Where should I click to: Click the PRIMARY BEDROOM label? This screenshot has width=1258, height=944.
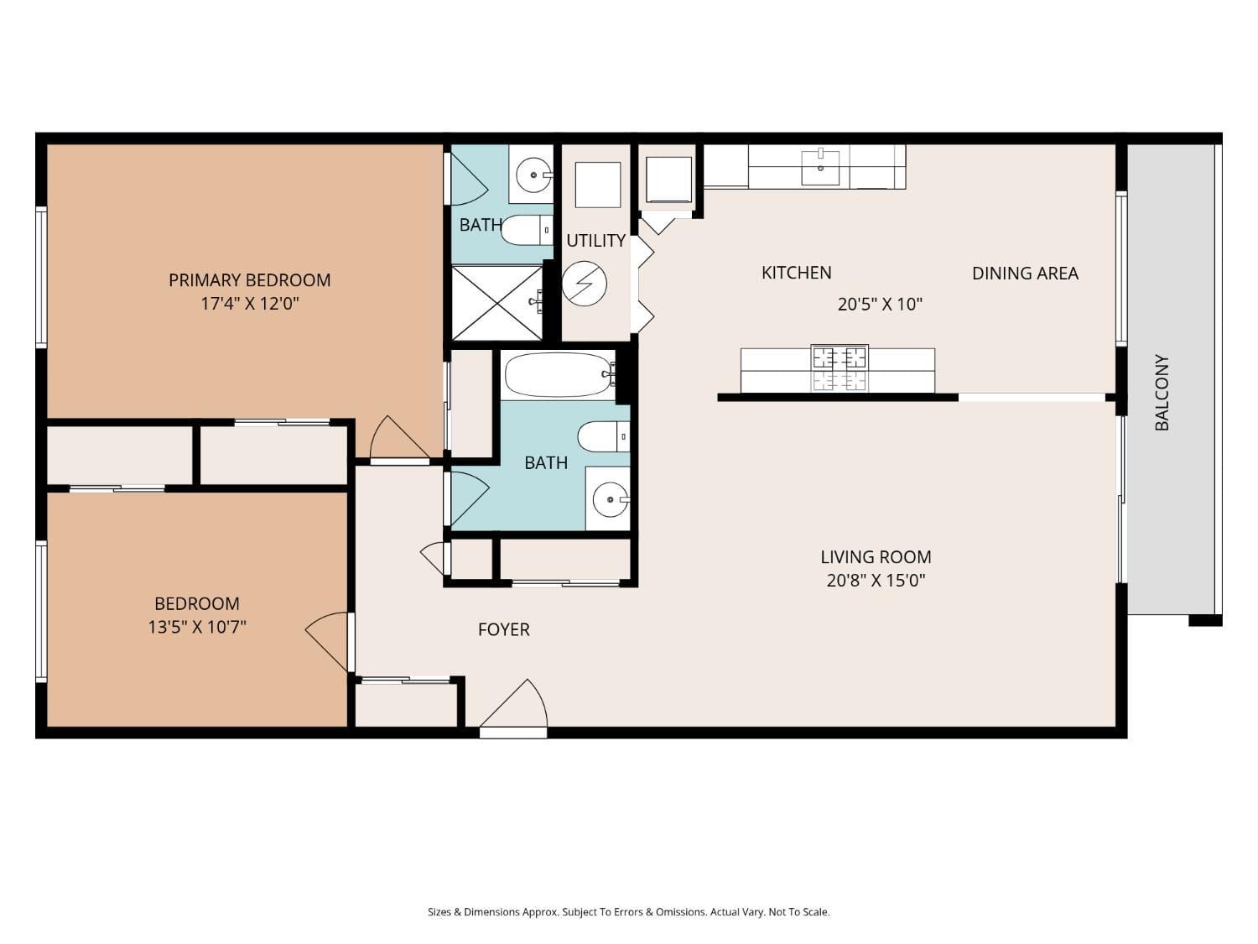(x=249, y=280)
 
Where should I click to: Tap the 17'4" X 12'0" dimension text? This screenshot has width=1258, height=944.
(x=249, y=304)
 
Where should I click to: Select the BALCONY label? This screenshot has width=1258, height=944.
(x=1162, y=392)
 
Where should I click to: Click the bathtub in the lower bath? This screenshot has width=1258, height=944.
(x=558, y=374)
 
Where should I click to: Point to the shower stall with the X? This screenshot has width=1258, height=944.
(x=497, y=302)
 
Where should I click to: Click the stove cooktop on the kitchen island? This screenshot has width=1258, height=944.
(x=839, y=368)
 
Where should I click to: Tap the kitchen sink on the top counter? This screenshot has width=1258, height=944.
(x=820, y=167)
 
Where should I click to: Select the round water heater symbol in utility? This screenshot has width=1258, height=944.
(x=584, y=284)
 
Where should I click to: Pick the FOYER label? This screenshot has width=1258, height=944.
(x=503, y=629)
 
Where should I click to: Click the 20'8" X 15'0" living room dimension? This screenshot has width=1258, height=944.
(x=876, y=580)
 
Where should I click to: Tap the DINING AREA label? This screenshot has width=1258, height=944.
(x=1025, y=273)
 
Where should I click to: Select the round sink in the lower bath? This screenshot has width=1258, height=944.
(x=608, y=500)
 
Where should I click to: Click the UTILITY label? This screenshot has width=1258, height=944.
(x=595, y=241)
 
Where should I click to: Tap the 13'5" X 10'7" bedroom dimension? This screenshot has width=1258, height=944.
(x=197, y=627)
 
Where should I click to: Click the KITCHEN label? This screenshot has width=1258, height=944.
(x=796, y=273)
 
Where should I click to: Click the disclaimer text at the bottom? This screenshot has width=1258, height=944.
(x=628, y=912)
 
